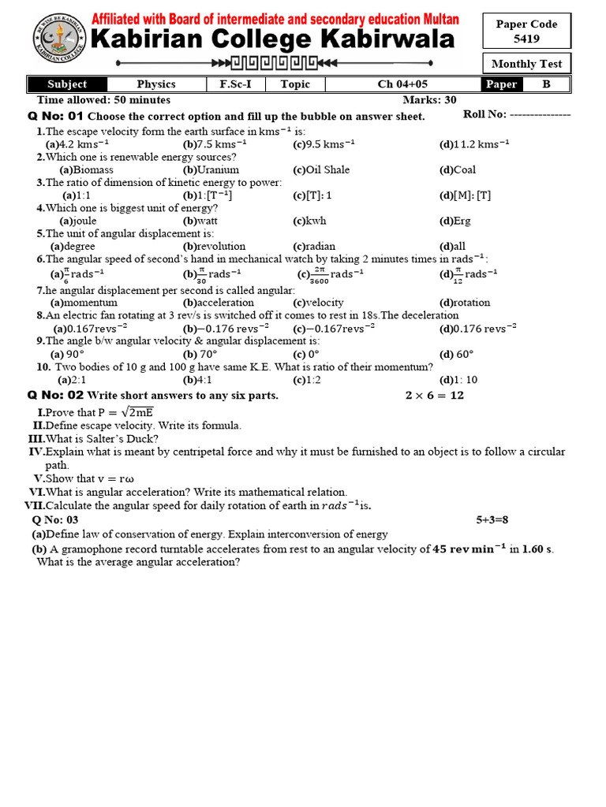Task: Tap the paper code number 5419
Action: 526,38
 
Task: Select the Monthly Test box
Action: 526,64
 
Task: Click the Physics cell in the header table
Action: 156,84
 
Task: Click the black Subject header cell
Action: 67,84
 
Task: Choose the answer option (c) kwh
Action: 309,221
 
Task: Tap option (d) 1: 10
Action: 458,379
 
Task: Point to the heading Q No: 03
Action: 55,519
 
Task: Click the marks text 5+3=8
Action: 492,519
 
